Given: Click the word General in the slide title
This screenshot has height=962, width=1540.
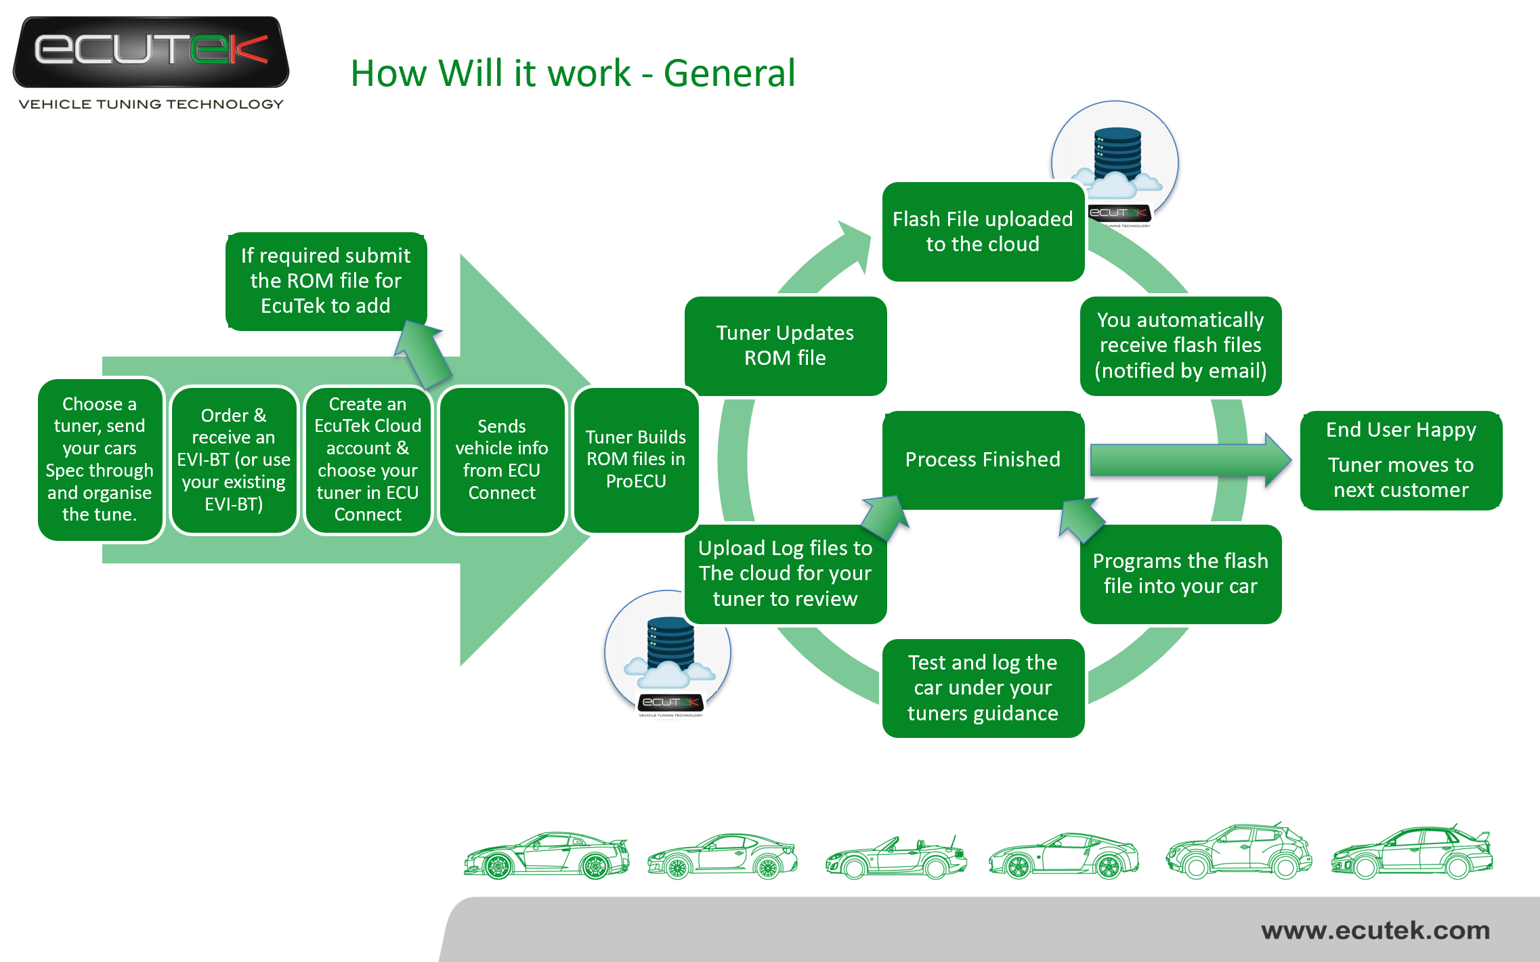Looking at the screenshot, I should (x=729, y=73).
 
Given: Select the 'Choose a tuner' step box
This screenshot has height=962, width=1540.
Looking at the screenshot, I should (x=100, y=459).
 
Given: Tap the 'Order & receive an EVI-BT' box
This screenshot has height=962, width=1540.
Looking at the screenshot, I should (x=234, y=460).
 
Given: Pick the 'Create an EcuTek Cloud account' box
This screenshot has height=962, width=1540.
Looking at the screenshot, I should (x=368, y=460).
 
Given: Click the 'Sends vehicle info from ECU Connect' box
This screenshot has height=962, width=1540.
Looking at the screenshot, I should (x=502, y=460).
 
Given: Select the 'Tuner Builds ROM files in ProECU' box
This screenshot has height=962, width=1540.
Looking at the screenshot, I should (x=636, y=460).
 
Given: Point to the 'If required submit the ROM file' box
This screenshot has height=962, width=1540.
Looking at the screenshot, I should (x=326, y=281).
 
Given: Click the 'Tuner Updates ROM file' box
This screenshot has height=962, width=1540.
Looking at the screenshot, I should (x=785, y=345).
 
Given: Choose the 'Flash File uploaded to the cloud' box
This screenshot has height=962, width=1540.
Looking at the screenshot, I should (x=983, y=232).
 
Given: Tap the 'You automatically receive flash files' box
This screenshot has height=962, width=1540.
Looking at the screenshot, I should (x=1180, y=345).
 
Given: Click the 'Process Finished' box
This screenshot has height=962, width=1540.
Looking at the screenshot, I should (x=983, y=460).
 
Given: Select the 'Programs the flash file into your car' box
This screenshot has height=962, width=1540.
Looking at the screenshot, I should (x=1180, y=573).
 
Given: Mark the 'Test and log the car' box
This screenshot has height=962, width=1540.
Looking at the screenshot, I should (x=983, y=688).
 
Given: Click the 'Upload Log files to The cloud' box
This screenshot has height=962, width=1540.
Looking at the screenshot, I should (x=785, y=573).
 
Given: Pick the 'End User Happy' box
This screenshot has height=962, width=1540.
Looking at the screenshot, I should (x=1400, y=460).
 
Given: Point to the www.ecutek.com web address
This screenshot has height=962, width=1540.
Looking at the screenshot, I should (x=1375, y=930).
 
